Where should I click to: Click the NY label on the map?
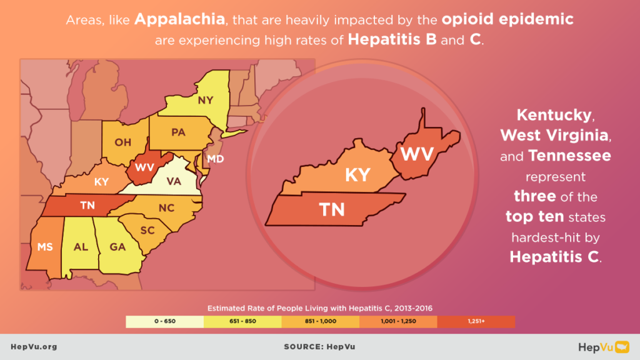[205, 100]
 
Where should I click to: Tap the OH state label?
[122, 142]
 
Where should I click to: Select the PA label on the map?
[178, 132]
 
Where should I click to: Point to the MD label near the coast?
[216, 159]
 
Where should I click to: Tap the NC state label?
[166, 208]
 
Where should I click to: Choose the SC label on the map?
[147, 231]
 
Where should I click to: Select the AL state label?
[81, 247]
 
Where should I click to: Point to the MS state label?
[45, 247]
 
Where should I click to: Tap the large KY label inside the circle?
[358, 174]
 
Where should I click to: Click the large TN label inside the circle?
[331, 209]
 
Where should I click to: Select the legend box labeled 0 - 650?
[164, 321]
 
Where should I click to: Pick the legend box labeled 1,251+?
[476, 321]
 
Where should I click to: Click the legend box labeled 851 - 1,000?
[320, 321]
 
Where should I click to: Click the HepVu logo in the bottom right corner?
[602, 346]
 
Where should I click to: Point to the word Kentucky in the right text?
[553, 116]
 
